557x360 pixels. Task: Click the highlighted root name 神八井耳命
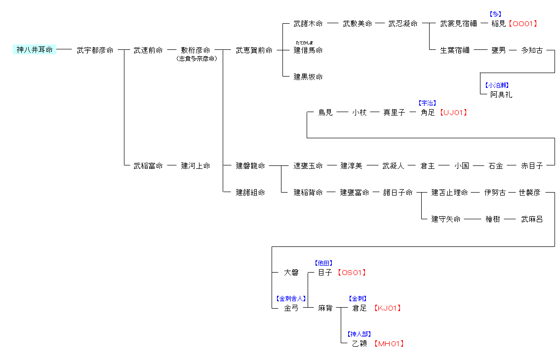click(35, 50)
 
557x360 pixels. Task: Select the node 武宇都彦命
click(95, 50)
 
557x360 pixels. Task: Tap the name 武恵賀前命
click(254, 50)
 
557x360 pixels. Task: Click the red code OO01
click(522, 24)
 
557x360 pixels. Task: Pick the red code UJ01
click(453, 113)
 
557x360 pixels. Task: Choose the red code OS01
click(352, 273)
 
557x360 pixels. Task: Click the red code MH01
click(389, 344)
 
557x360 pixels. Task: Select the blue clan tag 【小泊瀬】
click(496, 85)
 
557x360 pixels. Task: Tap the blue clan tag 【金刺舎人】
click(291, 299)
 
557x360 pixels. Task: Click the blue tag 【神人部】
click(359, 334)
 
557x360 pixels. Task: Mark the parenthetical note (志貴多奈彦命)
click(196, 58)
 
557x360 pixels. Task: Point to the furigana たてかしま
click(304, 42)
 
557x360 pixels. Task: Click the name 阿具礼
click(501, 94)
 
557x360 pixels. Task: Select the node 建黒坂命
click(308, 77)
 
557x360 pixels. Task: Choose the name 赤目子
click(532, 166)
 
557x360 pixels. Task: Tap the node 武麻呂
click(532, 219)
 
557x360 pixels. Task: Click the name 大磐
click(291, 273)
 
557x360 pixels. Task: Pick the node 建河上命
click(196, 166)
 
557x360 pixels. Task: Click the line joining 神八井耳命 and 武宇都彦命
click(64, 50)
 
